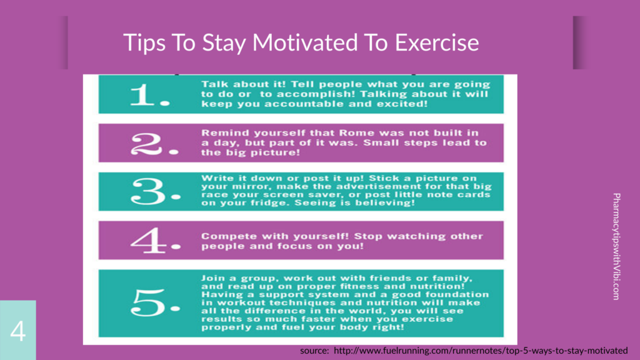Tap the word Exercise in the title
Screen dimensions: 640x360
[437, 42]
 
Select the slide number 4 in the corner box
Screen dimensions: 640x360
[18, 331]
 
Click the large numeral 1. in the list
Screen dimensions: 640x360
[149, 95]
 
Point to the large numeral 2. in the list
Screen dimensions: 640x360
[154, 144]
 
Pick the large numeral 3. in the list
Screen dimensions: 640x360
[156, 191]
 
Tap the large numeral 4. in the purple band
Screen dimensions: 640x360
[156, 241]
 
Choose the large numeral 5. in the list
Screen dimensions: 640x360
[156, 302]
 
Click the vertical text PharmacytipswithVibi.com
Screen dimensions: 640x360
[616, 246]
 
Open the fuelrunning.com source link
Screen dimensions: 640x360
[481, 351]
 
